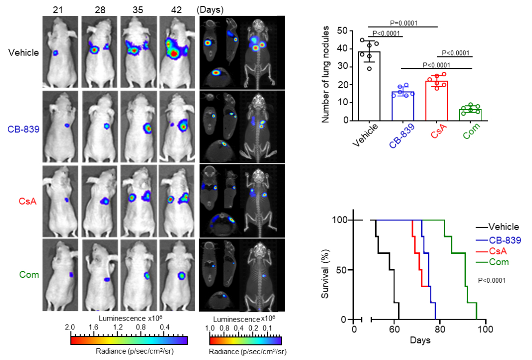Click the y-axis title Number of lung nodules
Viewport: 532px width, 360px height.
coord(326,76)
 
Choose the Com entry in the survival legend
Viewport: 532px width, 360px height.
coord(499,262)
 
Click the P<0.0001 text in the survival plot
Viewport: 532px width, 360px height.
coord(492,280)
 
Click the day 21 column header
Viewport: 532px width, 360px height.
coord(60,9)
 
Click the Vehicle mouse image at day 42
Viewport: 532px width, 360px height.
coord(177,52)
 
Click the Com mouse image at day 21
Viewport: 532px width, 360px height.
coord(60,274)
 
